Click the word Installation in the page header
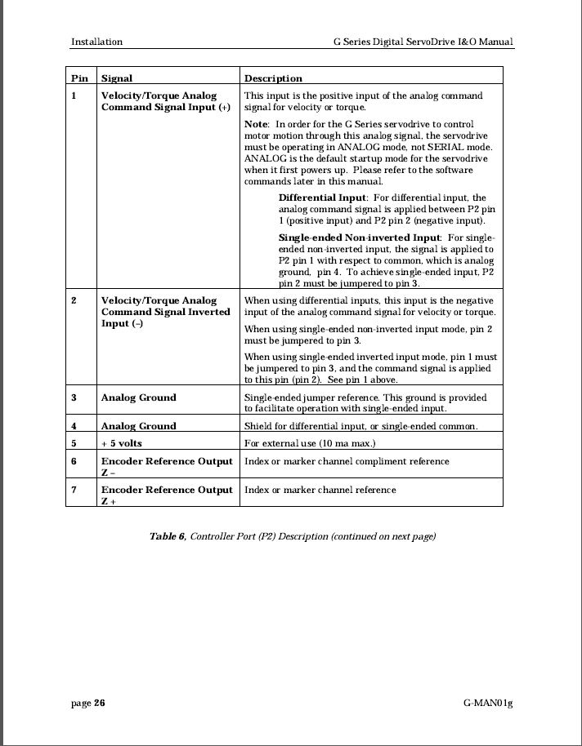click(x=96, y=42)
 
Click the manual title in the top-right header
click(x=423, y=42)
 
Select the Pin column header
click(x=79, y=78)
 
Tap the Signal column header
click(x=116, y=78)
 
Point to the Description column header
click(x=273, y=78)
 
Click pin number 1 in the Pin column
click(x=74, y=95)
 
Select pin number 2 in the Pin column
click(x=74, y=300)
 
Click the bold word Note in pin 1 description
click(x=257, y=123)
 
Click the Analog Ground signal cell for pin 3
click(x=138, y=397)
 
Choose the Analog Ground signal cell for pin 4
click(x=138, y=426)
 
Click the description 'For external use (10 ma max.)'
click(x=310, y=443)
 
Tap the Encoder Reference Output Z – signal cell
click(x=166, y=466)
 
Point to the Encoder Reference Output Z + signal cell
click(x=166, y=495)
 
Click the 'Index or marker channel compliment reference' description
click(x=347, y=461)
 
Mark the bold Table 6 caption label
click(x=168, y=536)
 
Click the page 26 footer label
click(x=87, y=704)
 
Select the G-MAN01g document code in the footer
click(x=487, y=704)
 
